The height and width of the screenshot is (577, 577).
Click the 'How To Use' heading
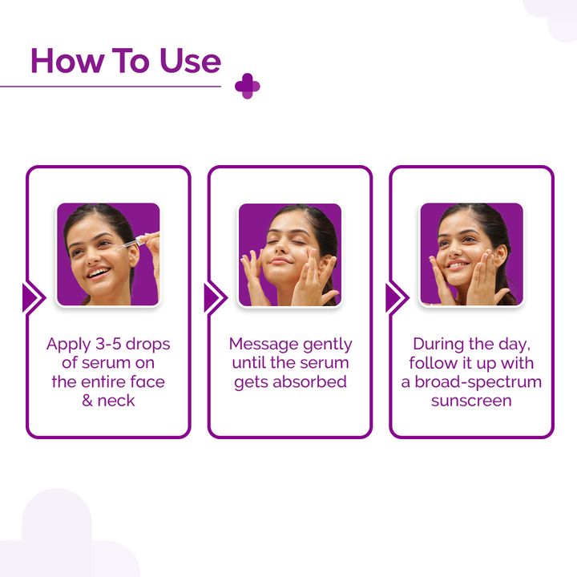coord(125,61)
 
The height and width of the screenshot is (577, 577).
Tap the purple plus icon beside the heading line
coord(248,87)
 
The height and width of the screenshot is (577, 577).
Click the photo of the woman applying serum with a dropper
coord(108,254)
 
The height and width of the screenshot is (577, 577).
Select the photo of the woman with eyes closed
coord(290,254)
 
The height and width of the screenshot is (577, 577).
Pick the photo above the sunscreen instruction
coord(471,254)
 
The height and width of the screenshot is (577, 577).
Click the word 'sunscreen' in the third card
coord(471,400)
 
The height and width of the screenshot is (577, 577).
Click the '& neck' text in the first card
coord(108,400)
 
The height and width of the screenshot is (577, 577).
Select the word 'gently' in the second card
coord(326,344)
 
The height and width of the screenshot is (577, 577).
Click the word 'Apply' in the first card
coord(69,344)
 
